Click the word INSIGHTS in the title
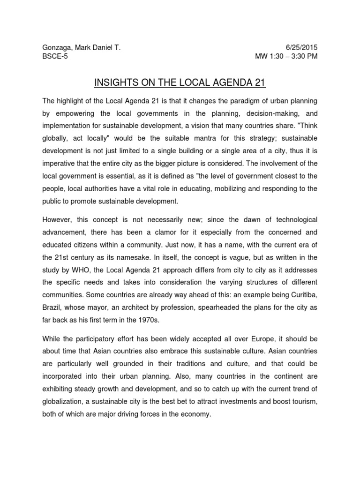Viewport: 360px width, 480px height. (115, 83)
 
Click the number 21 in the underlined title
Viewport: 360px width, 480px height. (260, 83)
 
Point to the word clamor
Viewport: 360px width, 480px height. (164, 232)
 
